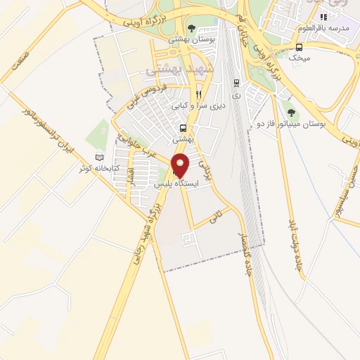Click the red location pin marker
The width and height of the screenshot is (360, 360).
click(181, 165)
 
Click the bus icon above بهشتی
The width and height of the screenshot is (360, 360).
click(183, 128)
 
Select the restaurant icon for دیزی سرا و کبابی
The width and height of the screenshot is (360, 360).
click(199, 94)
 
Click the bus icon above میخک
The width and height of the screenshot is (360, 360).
click(300, 47)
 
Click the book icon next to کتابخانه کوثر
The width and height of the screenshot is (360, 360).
click(99, 157)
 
